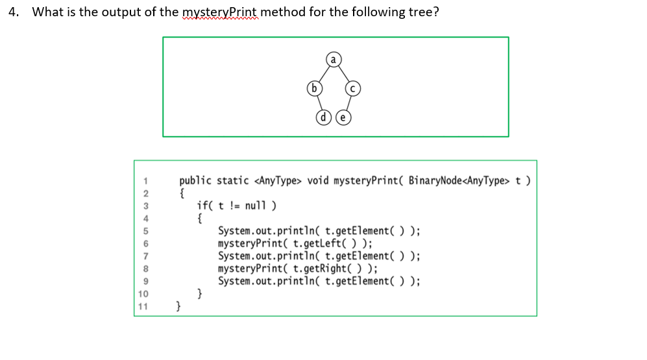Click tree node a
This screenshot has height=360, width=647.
click(x=333, y=60)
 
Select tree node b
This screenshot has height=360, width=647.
click(x=314, y=88)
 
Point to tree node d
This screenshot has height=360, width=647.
click(x=323, y=117)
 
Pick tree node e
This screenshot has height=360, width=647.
click(x=343, y=117)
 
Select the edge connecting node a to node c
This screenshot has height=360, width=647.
click(x=343, y=73)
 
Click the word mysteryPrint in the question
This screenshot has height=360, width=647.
click(x=221, y=12)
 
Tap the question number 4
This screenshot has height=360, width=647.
click(x=14, y=12)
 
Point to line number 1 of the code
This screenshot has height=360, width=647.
click(x=147, y=182)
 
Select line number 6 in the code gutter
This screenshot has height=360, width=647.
click(x=147, y=244)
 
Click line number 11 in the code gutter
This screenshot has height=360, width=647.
click(x=144, y=306)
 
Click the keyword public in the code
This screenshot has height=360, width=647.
click(x=195, y=181)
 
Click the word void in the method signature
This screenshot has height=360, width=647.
click(x=317, y=181)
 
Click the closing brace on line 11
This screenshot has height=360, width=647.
click(x=180, y=306)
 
